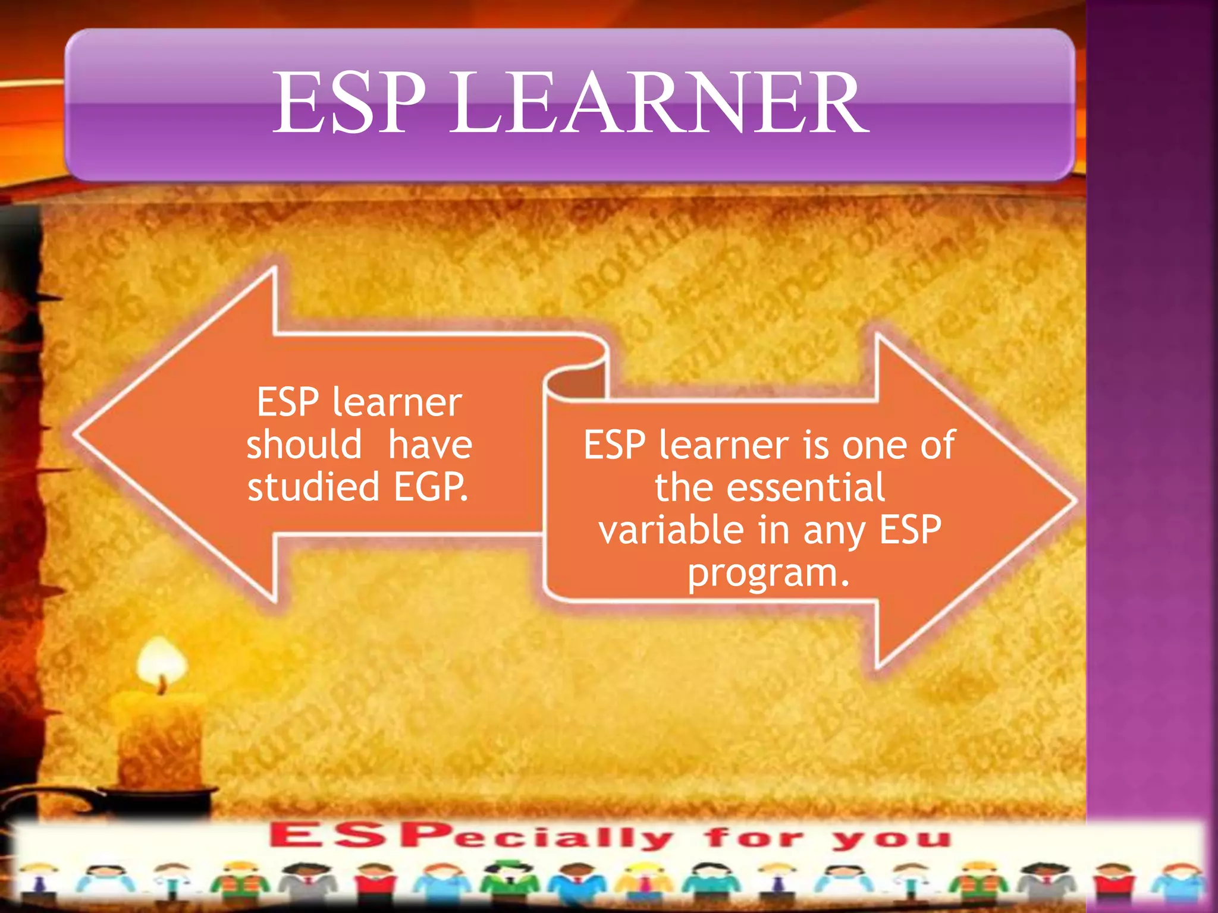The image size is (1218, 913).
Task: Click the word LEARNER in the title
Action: pos(658,102)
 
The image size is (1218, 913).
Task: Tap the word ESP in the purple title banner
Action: pos(349,102)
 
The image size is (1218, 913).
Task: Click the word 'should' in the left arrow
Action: pos(304,445)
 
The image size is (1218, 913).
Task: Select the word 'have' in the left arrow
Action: pos(430,445)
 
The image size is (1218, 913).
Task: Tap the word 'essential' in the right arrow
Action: pos(805,487)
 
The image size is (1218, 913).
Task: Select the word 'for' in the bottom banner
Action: pos(754,838)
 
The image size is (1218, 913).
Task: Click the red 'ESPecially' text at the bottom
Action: pos(470,837)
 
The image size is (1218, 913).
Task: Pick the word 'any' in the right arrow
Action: pos(834,530)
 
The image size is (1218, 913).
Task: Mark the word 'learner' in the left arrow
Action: pos(397,402)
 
